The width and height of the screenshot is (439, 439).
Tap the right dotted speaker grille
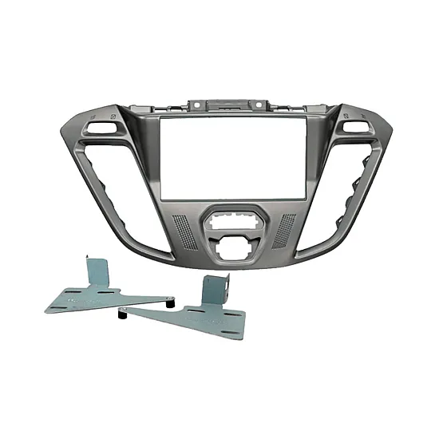[283, 228]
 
